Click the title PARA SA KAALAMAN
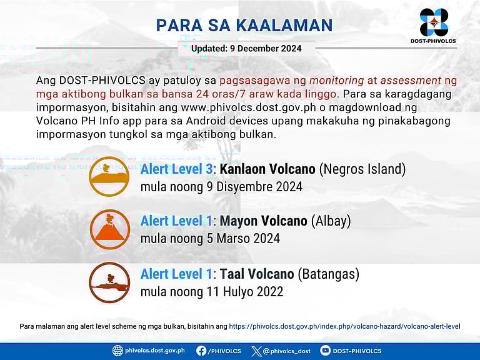[x=244, y=25]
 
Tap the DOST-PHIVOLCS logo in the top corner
[x=434, y=24]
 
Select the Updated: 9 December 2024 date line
[x=246, y=48]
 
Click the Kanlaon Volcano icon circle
[x=109, y=177]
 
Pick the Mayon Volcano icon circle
[x=109, y=229]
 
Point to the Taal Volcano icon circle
[x=109, y=282]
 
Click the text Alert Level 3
[x=176, y=169]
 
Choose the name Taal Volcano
[x=256, y=274]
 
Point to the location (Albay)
[x=331, y=221]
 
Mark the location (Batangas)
[x=328, y=274]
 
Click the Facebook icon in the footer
[x=201, y=351]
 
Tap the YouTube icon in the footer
[x=326, y=351]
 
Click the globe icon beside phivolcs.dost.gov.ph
[x=117, y=351]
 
